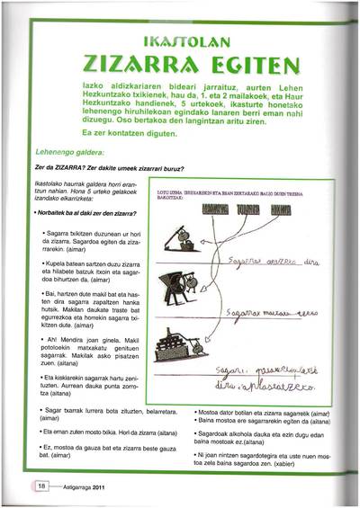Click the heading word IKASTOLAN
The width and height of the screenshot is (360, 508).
click(184, 40)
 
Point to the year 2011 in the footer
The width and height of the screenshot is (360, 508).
click(105, 486)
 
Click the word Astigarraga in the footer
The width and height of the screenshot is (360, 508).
click(75, 486)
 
